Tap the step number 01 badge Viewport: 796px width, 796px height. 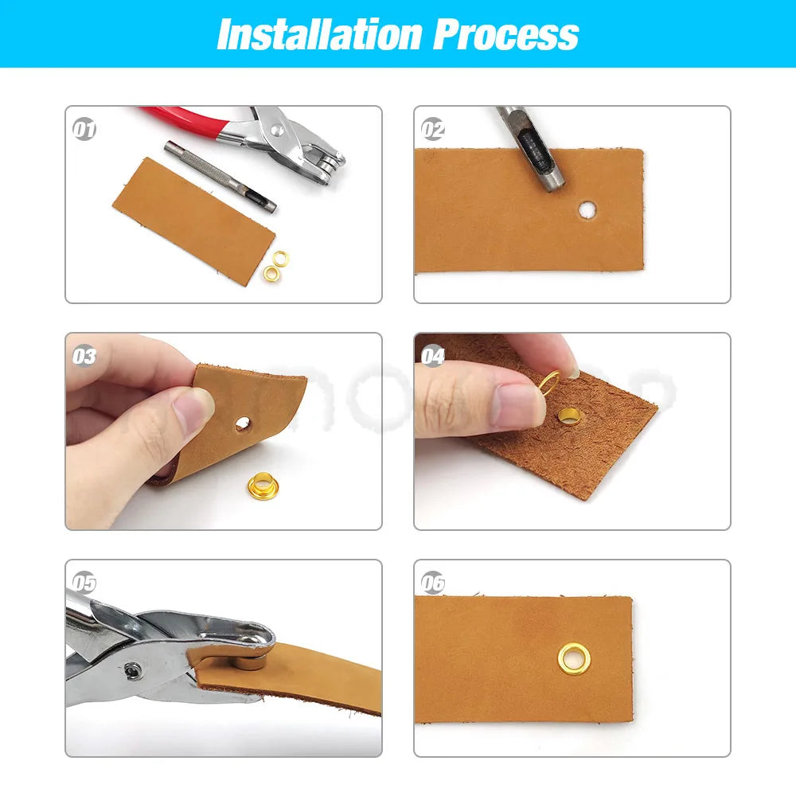click(84, 129)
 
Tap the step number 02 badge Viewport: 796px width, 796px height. click(433, 129)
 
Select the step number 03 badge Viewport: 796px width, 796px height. click(84, 356)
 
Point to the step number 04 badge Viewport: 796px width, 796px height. click(433, 356)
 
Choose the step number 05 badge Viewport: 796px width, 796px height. click(84, 583)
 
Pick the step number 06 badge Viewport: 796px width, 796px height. click(433, 583)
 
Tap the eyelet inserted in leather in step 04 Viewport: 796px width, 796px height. click(570, 414)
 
